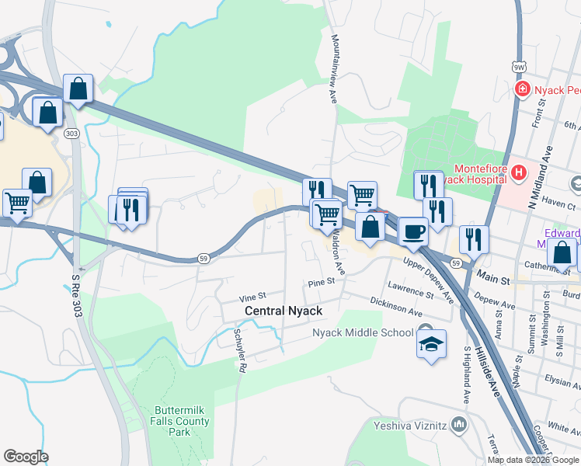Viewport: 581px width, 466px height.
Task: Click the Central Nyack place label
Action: click(283, 311)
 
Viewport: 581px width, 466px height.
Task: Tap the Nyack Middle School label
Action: click(363, 333)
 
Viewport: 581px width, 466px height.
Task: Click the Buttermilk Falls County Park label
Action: click(181, 421)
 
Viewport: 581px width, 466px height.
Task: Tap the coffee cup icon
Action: click(412, 230)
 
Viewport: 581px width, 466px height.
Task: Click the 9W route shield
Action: click(519, 68)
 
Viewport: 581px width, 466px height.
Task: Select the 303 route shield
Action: click(71, 134)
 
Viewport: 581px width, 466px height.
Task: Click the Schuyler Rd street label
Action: click(239, 350)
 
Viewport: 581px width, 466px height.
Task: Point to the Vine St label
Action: click(252, 297)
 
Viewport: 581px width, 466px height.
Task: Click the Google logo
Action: click(26, 456)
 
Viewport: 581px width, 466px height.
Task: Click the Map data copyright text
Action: click(533, 460)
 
